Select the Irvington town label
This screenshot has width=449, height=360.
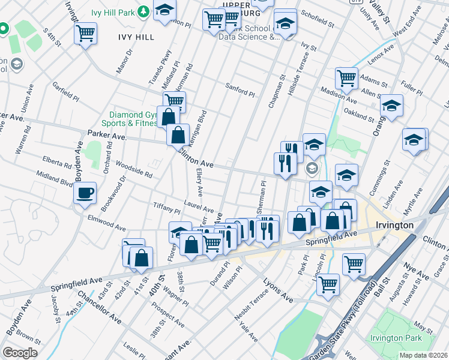394,225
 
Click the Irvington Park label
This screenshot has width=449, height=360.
396,338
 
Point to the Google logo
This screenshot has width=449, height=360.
19,353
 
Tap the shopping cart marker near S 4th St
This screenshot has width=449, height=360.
86,32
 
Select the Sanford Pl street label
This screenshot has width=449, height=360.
240,91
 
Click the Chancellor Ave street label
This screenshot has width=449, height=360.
100,308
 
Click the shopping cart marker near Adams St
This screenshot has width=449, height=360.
346,77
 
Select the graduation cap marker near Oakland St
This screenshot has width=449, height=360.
391,107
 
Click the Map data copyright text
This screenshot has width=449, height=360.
423,355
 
